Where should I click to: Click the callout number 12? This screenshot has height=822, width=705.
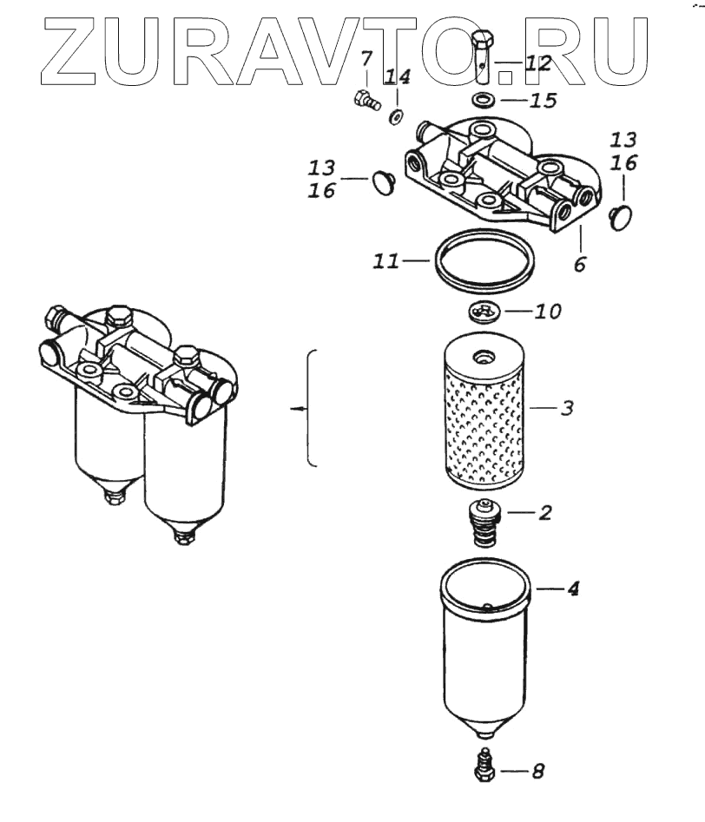(538, 62)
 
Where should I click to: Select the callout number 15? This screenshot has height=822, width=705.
(542, 101)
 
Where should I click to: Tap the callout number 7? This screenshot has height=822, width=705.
(366, 62)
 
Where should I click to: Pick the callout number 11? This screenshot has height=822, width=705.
(388, 260)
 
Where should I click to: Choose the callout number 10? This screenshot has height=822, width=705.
(548, 311)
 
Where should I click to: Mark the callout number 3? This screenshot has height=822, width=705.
(565, 407)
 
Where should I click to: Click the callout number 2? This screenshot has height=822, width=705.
(544, 512)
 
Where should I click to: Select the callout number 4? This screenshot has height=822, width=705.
(572, 589)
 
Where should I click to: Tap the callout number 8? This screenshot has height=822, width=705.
(538, 769)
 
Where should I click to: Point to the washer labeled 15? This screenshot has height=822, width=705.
(484, 100)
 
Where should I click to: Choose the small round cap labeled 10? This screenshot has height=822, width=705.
(484, 311)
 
